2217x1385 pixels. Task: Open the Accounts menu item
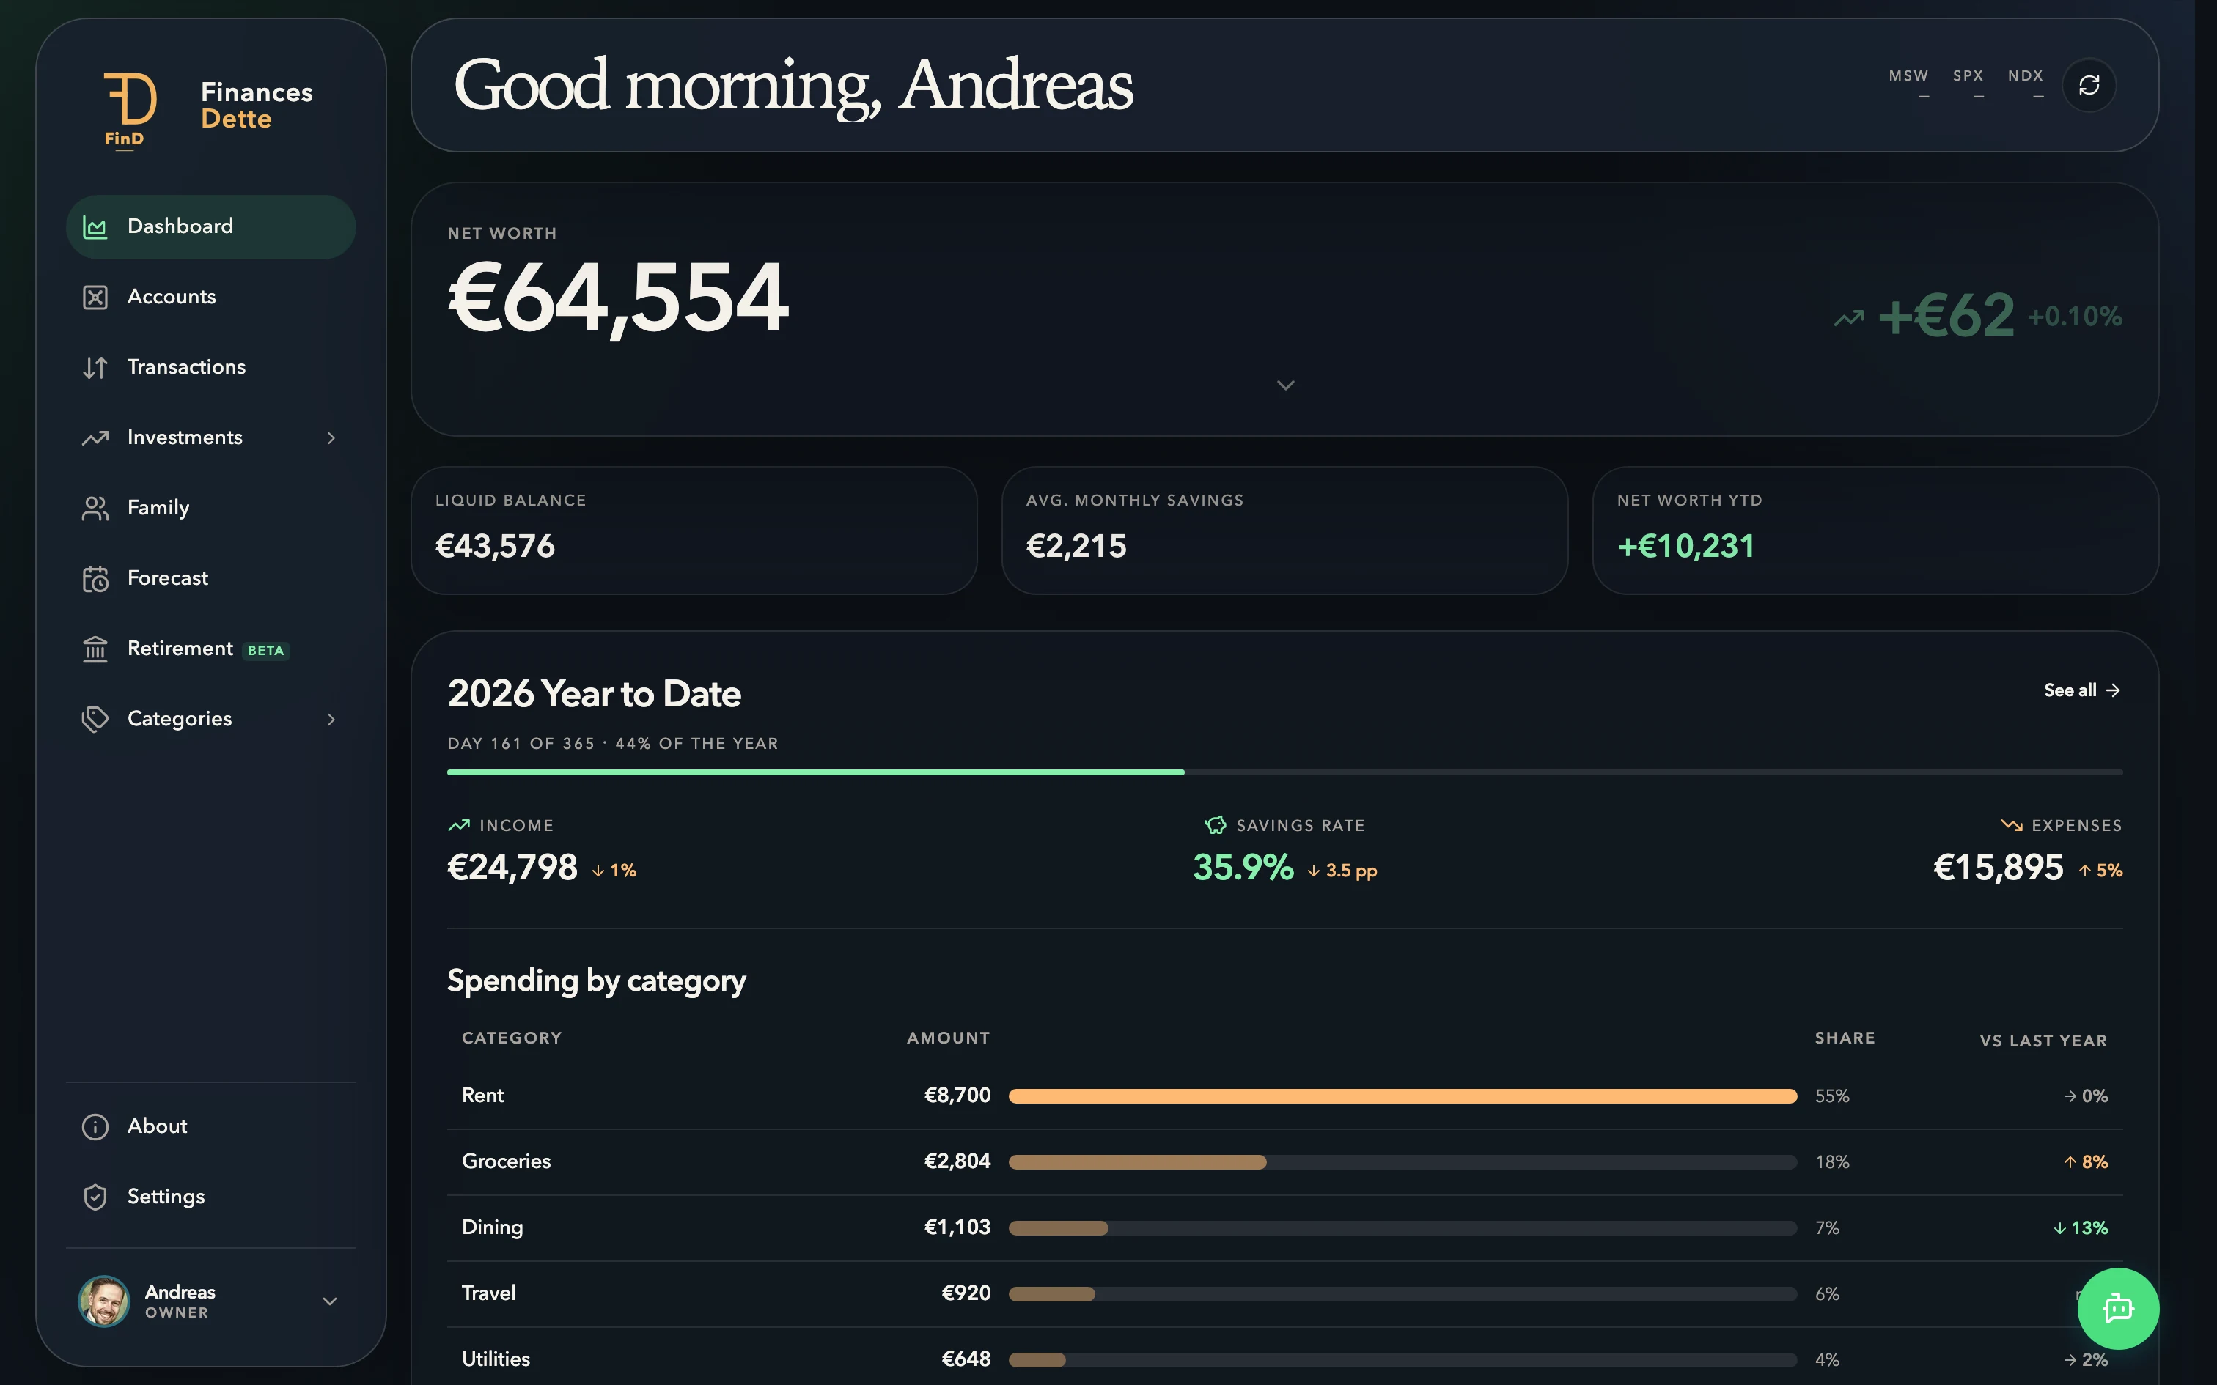[172, 297]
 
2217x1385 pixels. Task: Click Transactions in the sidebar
[186, 367]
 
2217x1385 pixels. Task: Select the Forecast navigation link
[168, 578]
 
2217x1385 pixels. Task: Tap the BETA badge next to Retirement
[265, 651]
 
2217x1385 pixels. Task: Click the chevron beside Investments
[331, 438]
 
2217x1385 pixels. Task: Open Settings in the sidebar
[166, 1196]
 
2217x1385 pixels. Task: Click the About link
[157, 1126]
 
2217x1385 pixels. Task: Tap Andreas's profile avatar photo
[103, 1301]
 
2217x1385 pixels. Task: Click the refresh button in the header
[2089, 85]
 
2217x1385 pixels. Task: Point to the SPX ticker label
[1968, 76]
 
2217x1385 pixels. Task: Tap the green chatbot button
[2118, 1308]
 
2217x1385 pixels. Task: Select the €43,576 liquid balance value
[495, 546]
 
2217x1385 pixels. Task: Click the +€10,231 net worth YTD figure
[1685, 546]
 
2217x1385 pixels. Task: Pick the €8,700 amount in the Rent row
[957, 1096]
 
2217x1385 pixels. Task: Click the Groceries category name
[507, 1161]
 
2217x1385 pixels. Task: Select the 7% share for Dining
[1827, 1227]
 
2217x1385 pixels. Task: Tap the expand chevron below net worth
[1285, 385]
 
